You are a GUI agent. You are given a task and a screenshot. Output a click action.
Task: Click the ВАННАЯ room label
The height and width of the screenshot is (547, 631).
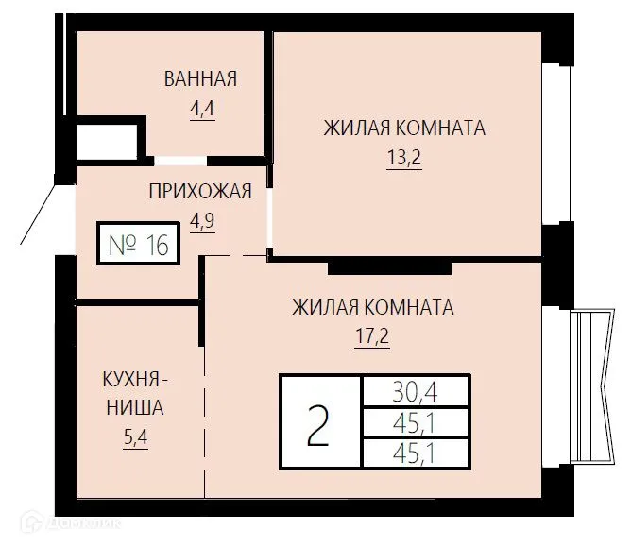(200, 78)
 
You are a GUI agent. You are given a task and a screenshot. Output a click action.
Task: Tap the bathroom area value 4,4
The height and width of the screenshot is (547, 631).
(202, 108)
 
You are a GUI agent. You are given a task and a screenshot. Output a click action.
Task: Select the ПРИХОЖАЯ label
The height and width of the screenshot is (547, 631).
(200, 192)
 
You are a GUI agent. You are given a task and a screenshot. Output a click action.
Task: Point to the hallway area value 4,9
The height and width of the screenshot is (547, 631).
(202, 220)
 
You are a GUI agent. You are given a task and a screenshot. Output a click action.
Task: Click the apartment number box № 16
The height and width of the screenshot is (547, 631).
(138, 245)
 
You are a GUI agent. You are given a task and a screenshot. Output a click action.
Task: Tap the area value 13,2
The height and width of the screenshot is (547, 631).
(403, 158)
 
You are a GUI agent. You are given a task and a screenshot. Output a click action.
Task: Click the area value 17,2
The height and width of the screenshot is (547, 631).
(372, 336)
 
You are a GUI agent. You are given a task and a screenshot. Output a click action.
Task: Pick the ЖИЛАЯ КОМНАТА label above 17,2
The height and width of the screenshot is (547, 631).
(372, 307)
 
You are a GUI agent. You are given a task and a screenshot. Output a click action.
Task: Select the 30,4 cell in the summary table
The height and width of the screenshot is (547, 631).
(416, 390)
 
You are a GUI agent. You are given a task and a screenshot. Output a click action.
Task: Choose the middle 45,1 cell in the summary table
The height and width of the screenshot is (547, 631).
(416, 421)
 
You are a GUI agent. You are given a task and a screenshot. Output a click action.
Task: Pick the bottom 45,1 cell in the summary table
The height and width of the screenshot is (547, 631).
(416, 453)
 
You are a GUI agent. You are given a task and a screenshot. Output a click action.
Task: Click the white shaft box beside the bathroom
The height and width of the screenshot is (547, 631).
(108, 142)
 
